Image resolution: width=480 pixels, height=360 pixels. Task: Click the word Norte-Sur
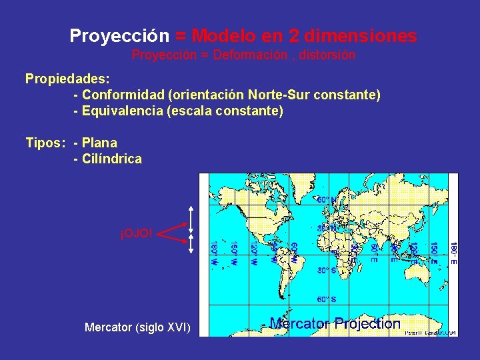[287, 95]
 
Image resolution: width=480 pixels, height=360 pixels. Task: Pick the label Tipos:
[45, 143]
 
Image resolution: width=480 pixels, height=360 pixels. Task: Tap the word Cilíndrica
[112, 159]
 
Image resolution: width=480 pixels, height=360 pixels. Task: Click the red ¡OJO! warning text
[136, 233]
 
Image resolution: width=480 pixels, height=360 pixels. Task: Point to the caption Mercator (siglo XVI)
[137, 327]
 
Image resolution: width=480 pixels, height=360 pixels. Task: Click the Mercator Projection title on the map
[335, 324]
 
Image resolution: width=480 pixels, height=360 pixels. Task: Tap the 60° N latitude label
[326, 199]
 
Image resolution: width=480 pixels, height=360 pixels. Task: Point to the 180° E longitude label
[453, 254]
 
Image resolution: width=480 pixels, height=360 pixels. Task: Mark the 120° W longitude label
[254, 254]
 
